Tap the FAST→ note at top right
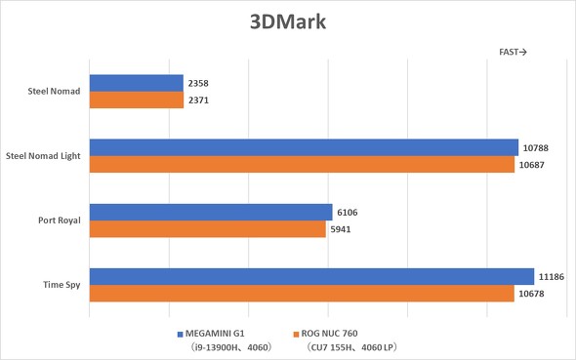point(512,53)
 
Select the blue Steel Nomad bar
point(136,84)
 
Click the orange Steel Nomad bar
point(136,100)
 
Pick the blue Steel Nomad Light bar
point(304,147)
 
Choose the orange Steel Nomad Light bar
point(302,164)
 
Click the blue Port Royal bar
point(211,212)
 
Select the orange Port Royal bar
point(207,228)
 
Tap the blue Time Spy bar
point(311,276)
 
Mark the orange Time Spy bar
point(302,293)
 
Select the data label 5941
point(342,229)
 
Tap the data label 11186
point(553,277)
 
